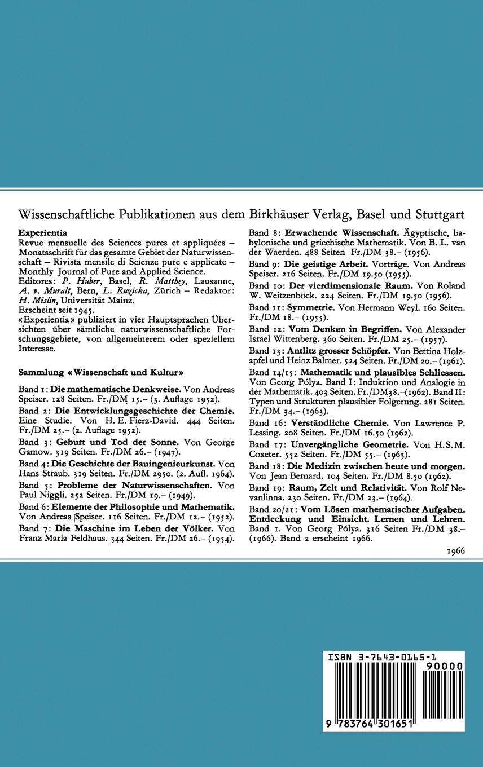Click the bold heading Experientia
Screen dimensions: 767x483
43,232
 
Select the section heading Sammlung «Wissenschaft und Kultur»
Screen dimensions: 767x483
102,373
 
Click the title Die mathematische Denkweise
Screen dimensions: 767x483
116,389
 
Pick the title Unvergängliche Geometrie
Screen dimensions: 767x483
348,445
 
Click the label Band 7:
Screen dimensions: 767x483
35,529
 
